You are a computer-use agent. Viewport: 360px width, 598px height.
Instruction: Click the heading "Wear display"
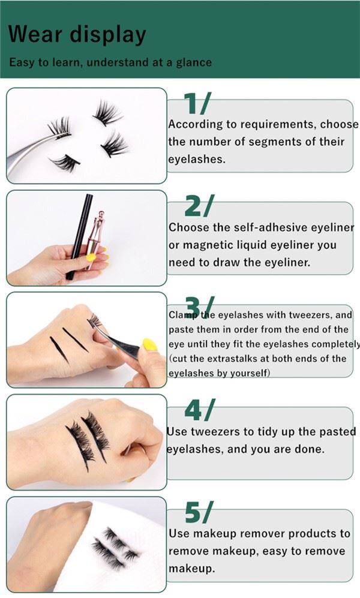[x=77, y=34]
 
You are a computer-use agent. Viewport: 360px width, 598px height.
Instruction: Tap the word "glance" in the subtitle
[x=193, y=62]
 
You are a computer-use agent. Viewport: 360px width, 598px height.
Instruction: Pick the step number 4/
[x=198, y=410]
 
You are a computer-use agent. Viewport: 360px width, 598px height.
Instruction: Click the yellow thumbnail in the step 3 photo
[x=149, y=344]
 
